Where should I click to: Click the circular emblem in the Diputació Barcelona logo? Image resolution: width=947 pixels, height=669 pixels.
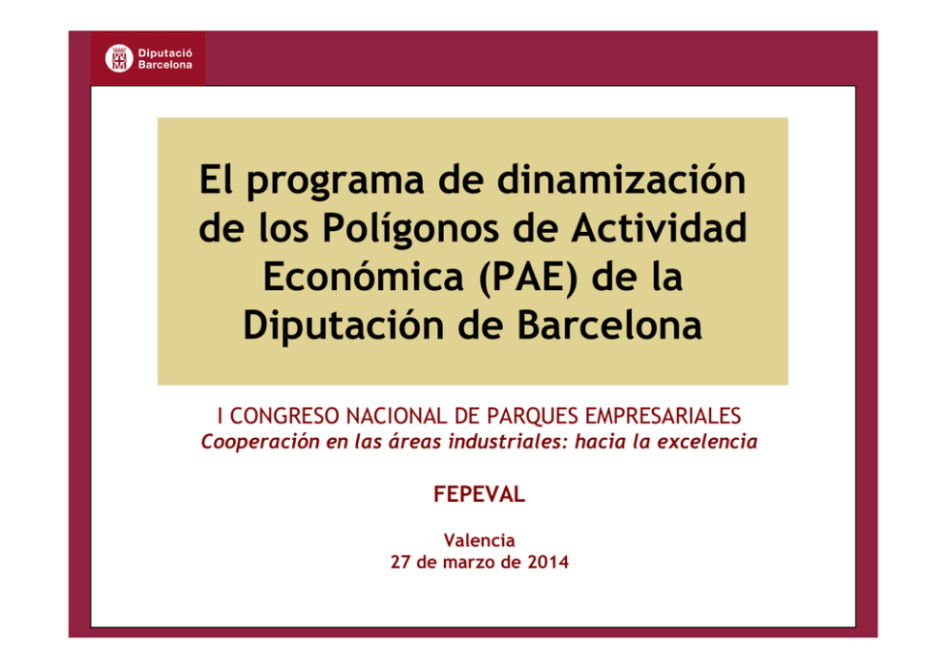(x=119, y=58)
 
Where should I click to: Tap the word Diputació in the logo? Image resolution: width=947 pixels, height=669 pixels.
(x=165, y=53)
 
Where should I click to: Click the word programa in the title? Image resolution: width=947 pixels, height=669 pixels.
(x=335, y=180)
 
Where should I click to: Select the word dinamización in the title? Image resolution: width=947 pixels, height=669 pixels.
(x=621, y=179)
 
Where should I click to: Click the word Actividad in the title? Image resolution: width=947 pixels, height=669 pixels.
(x=660, y=227)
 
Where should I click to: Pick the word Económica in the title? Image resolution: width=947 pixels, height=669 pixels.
(x=363, y=277)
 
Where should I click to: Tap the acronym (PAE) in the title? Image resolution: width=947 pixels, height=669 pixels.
(x=528, y=277)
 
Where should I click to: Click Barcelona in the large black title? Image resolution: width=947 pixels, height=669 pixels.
(x=609, y=324)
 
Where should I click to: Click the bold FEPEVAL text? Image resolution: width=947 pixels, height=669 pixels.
(x=479, y=494)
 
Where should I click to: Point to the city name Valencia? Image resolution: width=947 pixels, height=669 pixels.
(x=479, y=540)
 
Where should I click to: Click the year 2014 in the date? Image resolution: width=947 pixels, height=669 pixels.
(x=548, y=562)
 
